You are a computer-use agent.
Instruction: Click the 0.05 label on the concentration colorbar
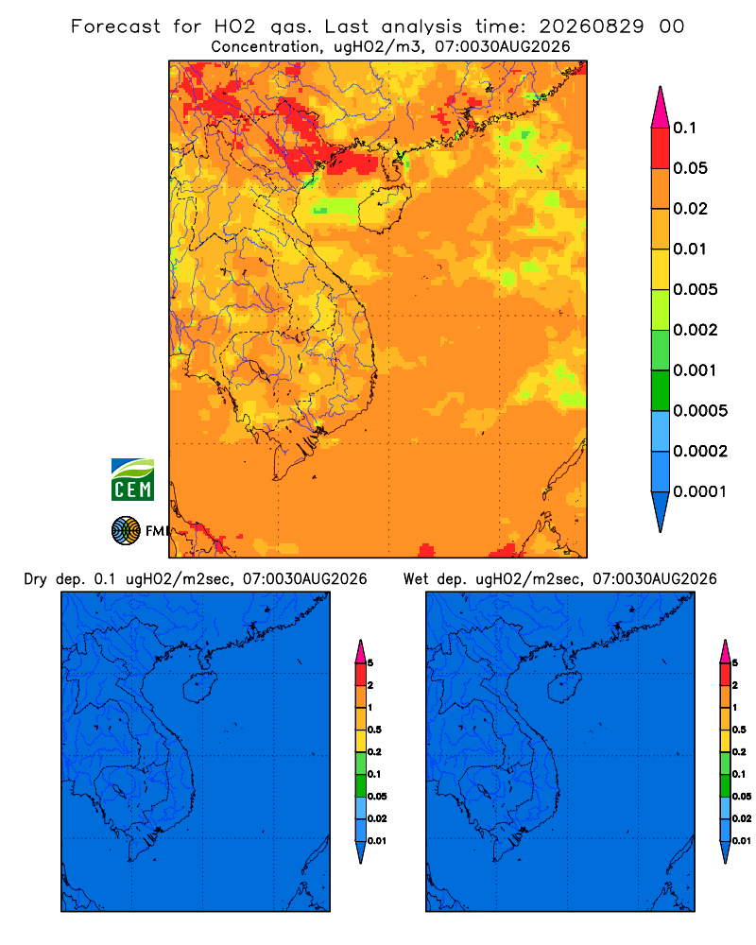690,168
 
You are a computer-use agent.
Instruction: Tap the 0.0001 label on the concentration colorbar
699,491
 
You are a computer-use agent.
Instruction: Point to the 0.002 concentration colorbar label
696,330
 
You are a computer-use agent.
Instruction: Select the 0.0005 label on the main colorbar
700,411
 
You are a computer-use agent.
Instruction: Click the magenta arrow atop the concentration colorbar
661,109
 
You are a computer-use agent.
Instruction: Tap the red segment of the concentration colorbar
661,148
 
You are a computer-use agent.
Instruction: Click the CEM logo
132,480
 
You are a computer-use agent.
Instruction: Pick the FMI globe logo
126,531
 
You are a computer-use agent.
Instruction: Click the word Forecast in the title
115,26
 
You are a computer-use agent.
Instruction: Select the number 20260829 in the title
591,26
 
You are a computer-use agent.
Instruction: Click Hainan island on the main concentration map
385,209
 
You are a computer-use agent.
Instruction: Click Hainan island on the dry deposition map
199,688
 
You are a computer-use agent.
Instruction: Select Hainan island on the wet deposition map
565,688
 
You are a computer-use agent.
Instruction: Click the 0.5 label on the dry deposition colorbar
374,730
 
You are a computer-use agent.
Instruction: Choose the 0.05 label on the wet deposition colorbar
742,797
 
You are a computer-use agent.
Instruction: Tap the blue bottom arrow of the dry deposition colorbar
360,851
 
